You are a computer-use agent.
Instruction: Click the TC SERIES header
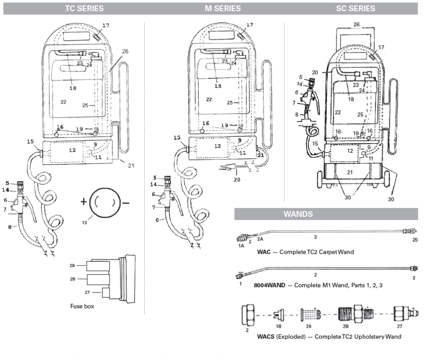pos(84,9)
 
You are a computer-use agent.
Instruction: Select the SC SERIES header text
pos(355,9)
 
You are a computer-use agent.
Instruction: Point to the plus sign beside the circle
pos(84,202)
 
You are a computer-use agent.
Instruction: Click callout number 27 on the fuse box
pos(87,292)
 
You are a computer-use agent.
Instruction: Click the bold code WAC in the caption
pos(263,252)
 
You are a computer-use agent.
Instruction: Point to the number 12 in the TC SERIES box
pos(72,150)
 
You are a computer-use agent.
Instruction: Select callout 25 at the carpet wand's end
pos(414,240)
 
